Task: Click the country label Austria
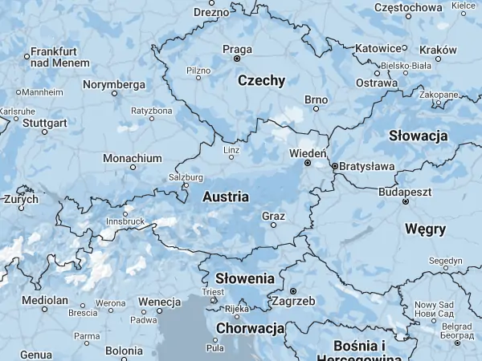226,197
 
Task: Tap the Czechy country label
261,80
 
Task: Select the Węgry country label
425,229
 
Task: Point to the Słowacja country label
418,136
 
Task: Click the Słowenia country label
245,278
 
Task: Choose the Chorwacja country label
250,328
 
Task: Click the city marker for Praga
237,59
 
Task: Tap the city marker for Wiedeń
308,163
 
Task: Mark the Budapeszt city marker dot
406,202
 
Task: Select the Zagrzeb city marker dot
293,290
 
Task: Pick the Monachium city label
133,158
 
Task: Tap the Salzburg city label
186,177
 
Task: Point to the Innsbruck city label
125,221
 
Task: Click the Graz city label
273,216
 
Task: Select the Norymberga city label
114,84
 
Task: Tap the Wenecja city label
159,301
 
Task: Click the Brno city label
316,99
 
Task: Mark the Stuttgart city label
45,124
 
